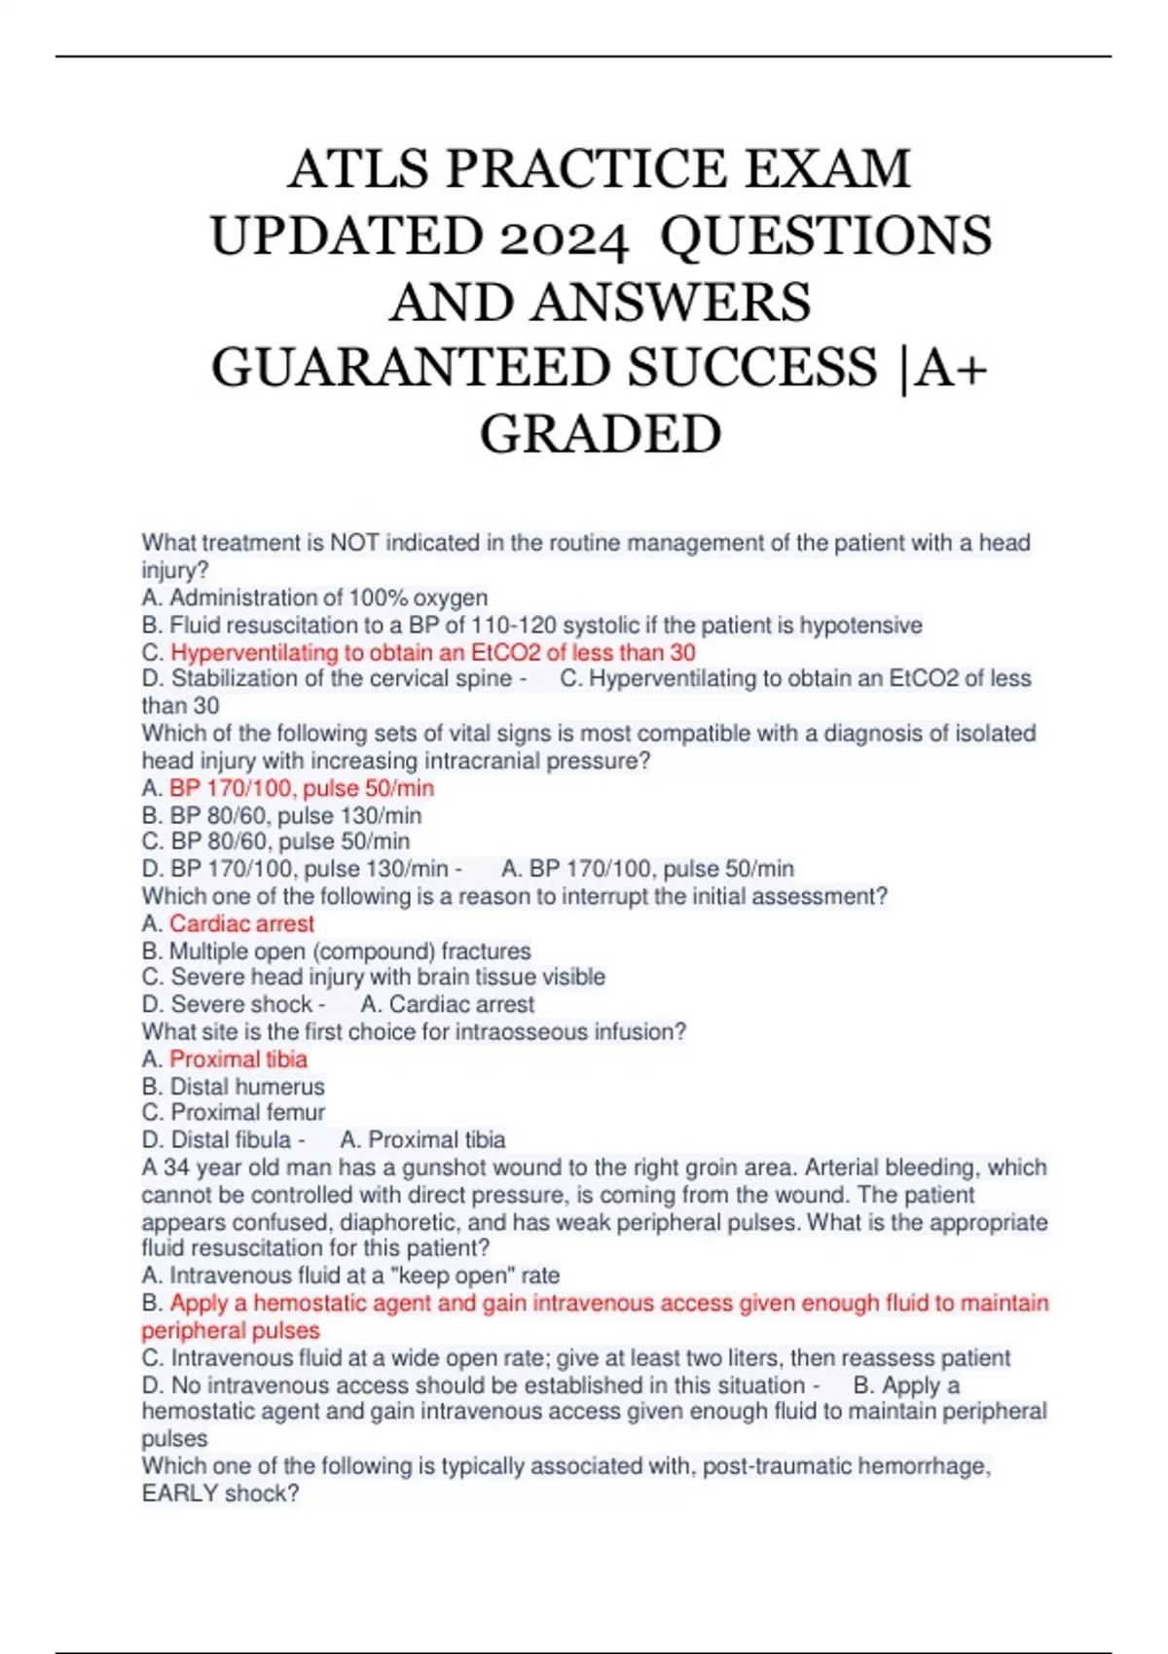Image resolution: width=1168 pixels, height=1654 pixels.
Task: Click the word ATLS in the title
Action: click(358, 169)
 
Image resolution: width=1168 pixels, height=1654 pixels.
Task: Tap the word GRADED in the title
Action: click(601, 434)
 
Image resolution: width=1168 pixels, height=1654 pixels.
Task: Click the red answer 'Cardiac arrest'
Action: click(241, 923)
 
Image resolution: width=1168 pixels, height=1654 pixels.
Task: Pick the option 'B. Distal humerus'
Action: click(233, 1086)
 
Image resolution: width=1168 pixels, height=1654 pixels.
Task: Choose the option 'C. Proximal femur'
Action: click(233, 1112)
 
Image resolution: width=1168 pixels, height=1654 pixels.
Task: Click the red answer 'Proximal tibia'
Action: click(238, 1059)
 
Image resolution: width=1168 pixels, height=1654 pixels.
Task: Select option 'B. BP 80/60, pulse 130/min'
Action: click(281, 815)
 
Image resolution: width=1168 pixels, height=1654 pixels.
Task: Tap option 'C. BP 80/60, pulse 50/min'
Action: click(275, 842)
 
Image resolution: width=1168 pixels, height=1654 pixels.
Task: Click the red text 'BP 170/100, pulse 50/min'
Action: click(302, 788)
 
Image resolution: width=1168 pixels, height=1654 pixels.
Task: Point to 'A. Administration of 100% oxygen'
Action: click(314, 597)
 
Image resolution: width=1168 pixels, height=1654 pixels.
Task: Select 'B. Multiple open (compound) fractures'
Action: click(336, 951)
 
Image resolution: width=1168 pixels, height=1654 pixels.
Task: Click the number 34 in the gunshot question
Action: click(176, 1168)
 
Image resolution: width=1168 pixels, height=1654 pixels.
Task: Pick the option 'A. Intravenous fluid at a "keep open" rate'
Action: click(350, 1276)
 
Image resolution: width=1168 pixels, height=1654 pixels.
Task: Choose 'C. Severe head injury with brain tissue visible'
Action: click(373, 977)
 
